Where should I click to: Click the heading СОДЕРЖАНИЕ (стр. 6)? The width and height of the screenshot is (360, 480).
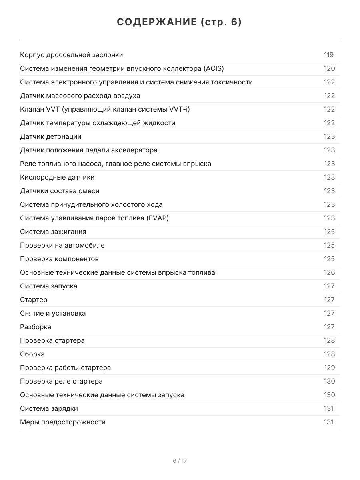coord(180,22)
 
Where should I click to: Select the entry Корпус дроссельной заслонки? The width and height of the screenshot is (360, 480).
coord(72,55)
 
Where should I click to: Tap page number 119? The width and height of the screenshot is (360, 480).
coord(329,55)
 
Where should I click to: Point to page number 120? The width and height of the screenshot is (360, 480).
coord(329,68)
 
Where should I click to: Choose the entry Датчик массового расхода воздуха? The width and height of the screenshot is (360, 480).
coord(80,96)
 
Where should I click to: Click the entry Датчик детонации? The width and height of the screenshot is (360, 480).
coord(51,136)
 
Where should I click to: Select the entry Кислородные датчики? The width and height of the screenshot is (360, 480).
coord(57,177)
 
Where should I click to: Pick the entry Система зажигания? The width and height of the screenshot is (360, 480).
coord(53,232)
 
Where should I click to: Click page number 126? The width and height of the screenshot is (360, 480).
coord(329,272)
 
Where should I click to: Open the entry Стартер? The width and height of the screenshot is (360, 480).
coord(34,300)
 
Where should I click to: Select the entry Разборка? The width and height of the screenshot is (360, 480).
coord(36,327)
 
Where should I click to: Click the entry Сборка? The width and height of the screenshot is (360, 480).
coord(32,354)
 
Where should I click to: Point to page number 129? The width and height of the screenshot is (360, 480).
coord(329,368)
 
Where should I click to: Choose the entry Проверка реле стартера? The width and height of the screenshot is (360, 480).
coord(61,381)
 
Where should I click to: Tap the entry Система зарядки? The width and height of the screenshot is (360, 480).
coord(49,408)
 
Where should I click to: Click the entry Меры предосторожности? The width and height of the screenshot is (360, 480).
coord(63,422)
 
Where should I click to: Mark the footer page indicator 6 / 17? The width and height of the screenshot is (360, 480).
coord(180,461)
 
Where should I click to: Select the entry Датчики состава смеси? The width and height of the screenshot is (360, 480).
coord(60,191)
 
